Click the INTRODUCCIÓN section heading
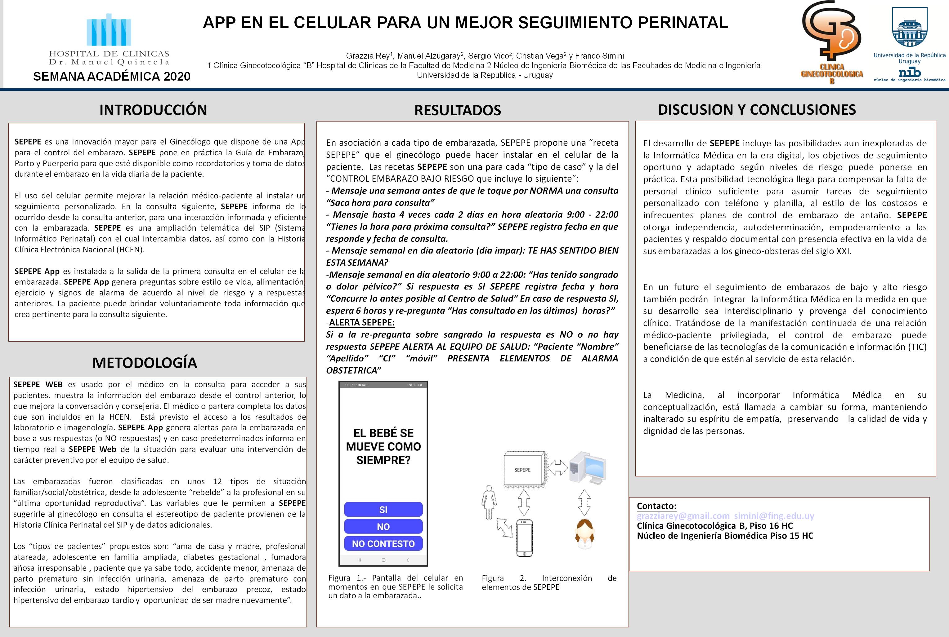153,110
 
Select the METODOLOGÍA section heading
145,362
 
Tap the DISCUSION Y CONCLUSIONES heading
757,109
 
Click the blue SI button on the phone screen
383,509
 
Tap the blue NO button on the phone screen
383,527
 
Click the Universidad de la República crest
910,28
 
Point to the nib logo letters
910,73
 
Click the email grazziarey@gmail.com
683,516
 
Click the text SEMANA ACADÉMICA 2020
112,76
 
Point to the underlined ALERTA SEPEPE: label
361,323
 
